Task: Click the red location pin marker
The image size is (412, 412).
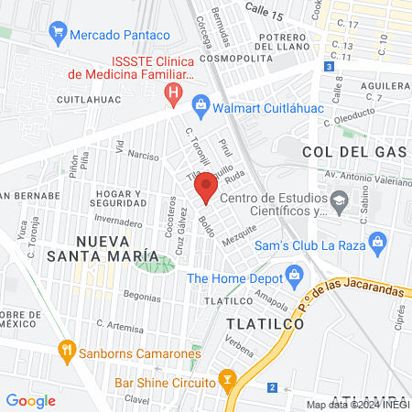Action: (206, 189)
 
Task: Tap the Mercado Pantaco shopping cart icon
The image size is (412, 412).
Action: (59, 35)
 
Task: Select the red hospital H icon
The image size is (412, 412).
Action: (171, 92)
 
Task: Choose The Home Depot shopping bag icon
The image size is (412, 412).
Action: (294, 274)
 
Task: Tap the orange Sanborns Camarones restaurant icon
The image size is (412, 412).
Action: (66, 350)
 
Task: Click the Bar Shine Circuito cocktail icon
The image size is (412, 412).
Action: (229, 379)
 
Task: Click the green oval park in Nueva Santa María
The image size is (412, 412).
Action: (154, 266)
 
